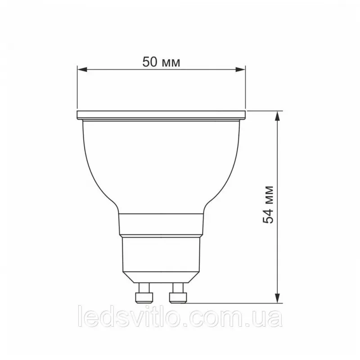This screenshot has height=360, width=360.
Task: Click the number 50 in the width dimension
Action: click(150, 62)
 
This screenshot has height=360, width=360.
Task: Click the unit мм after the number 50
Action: click(171, 63)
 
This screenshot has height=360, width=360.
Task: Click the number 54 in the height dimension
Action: click(268, 216)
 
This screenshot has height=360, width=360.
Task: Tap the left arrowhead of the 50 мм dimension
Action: click(82, 69)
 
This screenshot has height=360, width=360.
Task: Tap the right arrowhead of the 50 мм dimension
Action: click(241, 69)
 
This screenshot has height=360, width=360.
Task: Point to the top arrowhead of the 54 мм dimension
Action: click(278, 116)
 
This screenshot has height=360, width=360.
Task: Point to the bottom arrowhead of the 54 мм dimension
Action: click(278, 298)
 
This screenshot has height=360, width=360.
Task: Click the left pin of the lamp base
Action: click(144, 293)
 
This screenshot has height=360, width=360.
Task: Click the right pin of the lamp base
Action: click(178, 293)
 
